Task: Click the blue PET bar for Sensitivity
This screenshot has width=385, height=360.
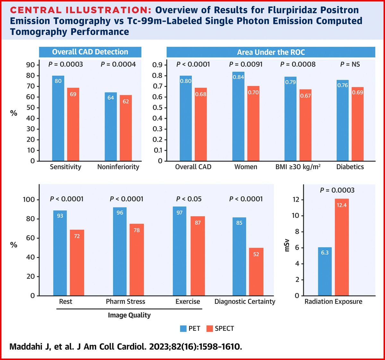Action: coord(58,119)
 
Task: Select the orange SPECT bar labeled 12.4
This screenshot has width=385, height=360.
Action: coord(342,247)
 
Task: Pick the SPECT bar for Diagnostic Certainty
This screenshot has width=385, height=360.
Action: coord(256,271)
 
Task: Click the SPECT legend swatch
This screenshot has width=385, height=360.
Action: coord(210,329)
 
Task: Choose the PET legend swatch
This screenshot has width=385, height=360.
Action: coord(183,329)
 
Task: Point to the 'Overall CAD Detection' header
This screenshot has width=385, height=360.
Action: coord(90,52)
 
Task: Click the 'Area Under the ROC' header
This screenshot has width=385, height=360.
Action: coord(271,52)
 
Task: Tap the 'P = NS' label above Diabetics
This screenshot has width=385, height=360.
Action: coord(350,64)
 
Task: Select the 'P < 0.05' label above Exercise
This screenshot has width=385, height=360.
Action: coord(189,199)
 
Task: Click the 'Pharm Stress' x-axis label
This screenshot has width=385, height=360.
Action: coord(125,302)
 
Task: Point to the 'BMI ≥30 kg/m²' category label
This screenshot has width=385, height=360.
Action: coord(298,167)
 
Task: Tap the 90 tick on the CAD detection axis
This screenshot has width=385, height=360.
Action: coord(30,65)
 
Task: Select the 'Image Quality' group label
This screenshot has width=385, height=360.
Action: coord(129,315)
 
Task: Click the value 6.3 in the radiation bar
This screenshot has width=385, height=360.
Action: coord(325,253)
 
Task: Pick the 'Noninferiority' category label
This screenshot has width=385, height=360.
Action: coord(118,167)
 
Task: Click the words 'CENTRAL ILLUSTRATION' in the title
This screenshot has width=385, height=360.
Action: coord(80,10)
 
